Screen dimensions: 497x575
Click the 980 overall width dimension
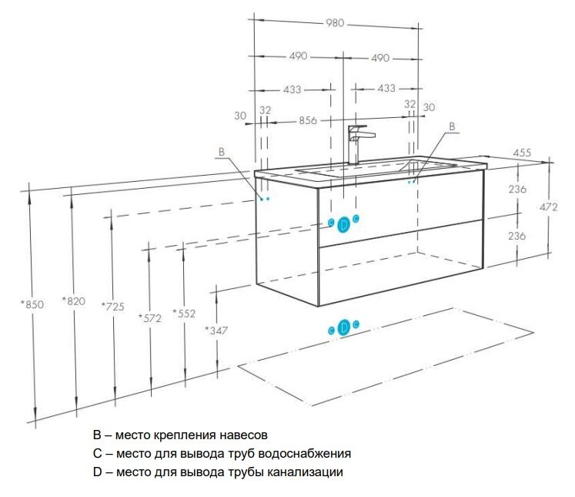[336, 23]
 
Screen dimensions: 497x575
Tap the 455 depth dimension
[522, 153]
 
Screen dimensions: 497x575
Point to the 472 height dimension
[548, 207]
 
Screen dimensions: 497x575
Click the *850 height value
[32, 304]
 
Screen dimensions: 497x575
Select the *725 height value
[112, 307]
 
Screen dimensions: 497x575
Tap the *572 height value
[149, 317]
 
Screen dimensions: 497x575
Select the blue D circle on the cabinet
[344, 224]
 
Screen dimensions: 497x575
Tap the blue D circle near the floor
[344, 327]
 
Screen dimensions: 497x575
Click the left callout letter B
[221, 153]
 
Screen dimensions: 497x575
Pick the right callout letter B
[452, 126]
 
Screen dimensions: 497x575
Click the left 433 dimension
[292, 89]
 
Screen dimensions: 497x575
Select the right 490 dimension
[380, 58]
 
